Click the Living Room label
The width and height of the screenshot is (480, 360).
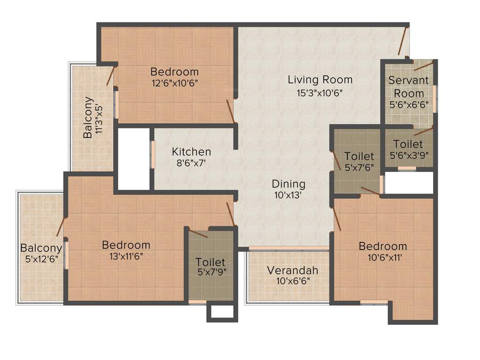[x=320, y=80]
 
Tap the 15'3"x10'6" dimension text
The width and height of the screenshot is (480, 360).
[x=320, y=92]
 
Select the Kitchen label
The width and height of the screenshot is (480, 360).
[x=191, y=152]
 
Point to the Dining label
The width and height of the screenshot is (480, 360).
[x=289, y=184]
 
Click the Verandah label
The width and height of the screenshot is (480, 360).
[x=292, y=270]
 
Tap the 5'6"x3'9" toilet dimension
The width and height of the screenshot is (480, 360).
[x=408, y=155]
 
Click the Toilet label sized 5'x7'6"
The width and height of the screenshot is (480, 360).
[x=359, y=156]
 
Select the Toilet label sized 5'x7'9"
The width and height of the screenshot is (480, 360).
[x=210, y=262]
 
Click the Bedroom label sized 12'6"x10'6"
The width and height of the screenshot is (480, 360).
[x=174, y=72]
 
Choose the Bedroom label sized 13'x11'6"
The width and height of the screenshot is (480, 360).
[x=126, y=245]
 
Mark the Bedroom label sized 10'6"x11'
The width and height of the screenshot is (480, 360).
[x=382, y=246]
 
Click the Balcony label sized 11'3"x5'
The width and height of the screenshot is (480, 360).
[x=88, y=117]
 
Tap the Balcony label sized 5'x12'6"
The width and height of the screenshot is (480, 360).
[x=41, y=248]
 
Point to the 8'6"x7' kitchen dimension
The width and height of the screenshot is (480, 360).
[x=191, y=164]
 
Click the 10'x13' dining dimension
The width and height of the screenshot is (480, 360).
[x=289, y=195]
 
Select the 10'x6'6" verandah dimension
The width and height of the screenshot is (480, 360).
[x=292, y=282]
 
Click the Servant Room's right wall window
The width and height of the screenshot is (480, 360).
[x=435, y=99]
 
